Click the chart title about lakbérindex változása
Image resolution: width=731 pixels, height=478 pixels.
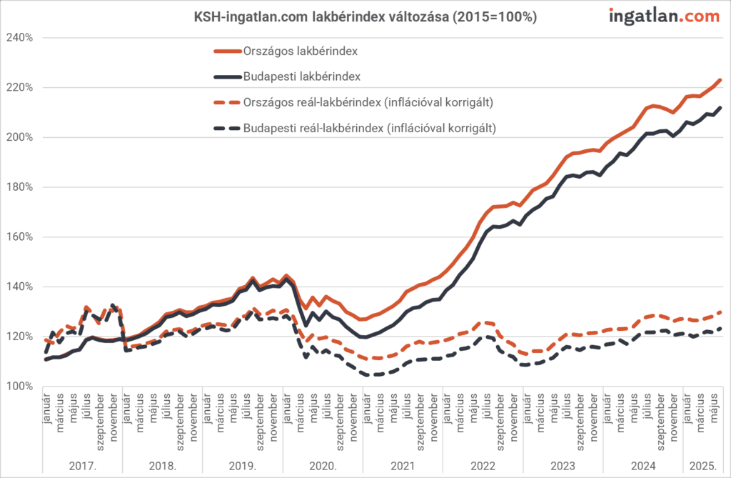pos(365,16)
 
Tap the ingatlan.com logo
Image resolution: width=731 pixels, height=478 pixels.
pos(664,16)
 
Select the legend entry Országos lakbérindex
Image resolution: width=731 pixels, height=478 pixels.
pos(301,51)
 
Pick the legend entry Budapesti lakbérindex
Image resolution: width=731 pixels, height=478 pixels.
pos(301,76)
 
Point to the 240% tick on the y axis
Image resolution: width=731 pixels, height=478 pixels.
pos(20,38)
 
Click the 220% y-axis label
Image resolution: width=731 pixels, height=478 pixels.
pos(20,88)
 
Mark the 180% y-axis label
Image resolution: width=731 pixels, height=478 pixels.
pos(20,188)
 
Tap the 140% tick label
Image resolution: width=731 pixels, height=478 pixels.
pos(20,287)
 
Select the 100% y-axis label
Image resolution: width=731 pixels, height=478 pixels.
pos(20,387)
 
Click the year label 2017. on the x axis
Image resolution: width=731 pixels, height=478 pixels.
pos(83,465)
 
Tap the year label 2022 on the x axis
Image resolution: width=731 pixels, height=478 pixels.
pos(483,465)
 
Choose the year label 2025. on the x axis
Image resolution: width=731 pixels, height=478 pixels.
pos(703,465)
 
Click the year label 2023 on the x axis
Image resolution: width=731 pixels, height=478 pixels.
pos(563,465)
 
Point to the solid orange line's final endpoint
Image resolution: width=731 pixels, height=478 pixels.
pos(720,80)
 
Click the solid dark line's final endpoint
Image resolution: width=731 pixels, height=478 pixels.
pos(720,108)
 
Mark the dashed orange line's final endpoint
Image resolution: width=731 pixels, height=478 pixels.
pos(720,312)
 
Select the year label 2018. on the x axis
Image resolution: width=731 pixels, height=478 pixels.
pos(163,465)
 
